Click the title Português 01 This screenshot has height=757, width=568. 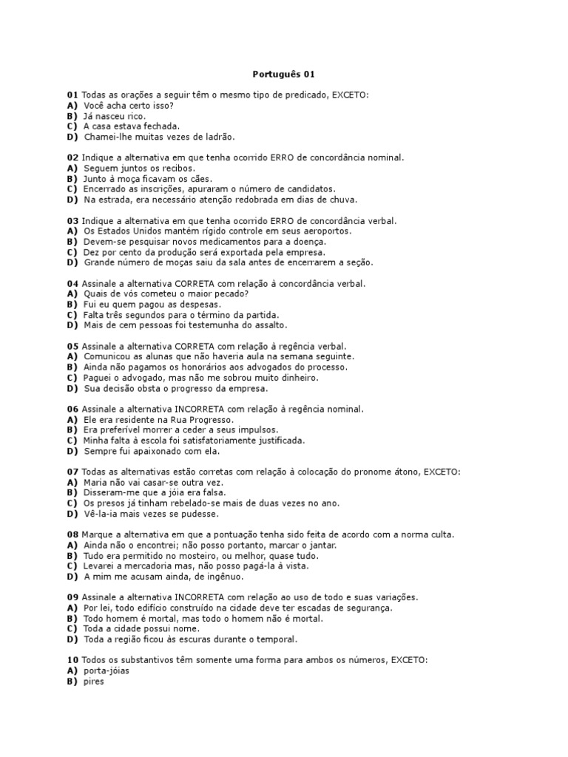(284, 74)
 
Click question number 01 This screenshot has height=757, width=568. (72, 95)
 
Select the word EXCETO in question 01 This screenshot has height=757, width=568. (349, 95)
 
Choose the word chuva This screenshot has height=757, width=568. (342, 200)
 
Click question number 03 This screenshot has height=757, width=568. (72, 221)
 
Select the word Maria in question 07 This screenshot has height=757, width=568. (97, 483)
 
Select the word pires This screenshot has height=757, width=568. (94, 682)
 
